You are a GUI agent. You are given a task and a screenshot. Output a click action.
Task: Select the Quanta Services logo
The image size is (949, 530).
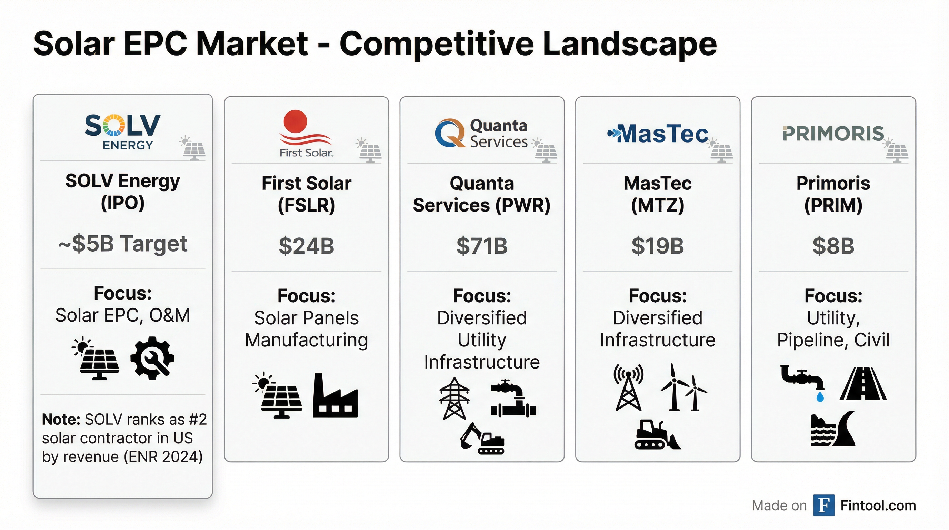point(481,134)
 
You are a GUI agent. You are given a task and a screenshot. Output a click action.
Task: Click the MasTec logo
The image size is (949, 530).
point(658,134)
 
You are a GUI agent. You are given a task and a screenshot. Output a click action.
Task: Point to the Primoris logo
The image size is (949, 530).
point(833,134)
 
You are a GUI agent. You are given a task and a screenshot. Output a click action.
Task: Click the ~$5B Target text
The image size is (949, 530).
point(123,244)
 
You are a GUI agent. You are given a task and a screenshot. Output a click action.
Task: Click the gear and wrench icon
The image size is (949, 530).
point(152,358)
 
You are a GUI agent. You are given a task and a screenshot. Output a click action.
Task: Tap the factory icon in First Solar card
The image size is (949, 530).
point(335,395)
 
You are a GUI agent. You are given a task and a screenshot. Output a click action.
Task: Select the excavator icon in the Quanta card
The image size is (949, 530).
point(482,438)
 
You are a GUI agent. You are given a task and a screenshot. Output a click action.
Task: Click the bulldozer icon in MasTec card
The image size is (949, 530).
point(658,434)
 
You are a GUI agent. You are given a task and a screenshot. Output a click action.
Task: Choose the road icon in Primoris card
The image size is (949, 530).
point(863,384)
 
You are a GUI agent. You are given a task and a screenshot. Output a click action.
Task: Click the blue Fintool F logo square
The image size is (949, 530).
point(824,505)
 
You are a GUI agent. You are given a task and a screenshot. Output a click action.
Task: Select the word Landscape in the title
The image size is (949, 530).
point(630,44)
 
